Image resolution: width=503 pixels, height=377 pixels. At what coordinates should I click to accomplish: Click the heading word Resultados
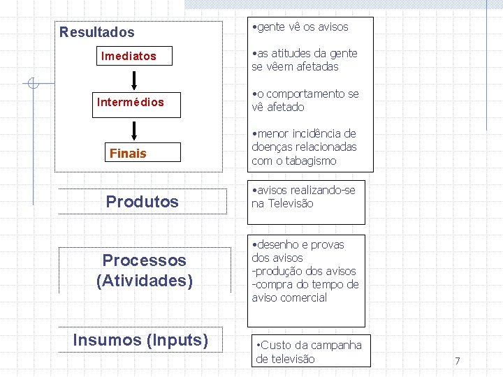(x=97, y=32)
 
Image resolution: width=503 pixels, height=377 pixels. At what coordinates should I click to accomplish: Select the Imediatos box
(x=129, y=56)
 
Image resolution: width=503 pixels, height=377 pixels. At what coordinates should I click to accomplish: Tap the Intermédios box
(x=131, y=102)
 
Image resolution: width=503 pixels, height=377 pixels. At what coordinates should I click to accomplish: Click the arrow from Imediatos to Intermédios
(x=135, y=78)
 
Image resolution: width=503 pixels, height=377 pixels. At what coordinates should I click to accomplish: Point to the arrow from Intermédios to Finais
(x=135, y=130)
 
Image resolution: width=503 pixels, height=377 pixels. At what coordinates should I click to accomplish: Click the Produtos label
(x=143, y=202)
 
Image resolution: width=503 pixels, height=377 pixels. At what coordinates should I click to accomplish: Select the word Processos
(x=145, y=260)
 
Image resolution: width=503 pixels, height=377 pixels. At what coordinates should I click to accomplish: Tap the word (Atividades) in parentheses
(x=145, y=281)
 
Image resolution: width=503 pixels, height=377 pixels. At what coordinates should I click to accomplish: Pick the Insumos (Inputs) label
(x=141, y=340)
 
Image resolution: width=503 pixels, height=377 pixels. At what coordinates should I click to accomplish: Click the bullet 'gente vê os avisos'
(x=301, y=27)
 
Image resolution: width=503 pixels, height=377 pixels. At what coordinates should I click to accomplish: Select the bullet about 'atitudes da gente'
(x=305, y=60)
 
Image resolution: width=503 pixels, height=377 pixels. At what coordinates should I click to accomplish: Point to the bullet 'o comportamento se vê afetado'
(x=305, y=101)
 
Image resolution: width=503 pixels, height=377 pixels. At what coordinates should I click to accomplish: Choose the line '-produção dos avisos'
(x=304, y=271)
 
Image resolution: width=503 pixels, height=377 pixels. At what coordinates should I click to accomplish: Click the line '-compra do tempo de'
(x=305, y=284)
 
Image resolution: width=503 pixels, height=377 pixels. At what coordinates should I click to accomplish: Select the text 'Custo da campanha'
(x=311, y=345)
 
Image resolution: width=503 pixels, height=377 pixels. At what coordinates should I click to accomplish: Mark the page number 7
(x=457, y=361)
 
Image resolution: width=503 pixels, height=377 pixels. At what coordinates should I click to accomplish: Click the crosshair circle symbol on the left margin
(x=31, y=84)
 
